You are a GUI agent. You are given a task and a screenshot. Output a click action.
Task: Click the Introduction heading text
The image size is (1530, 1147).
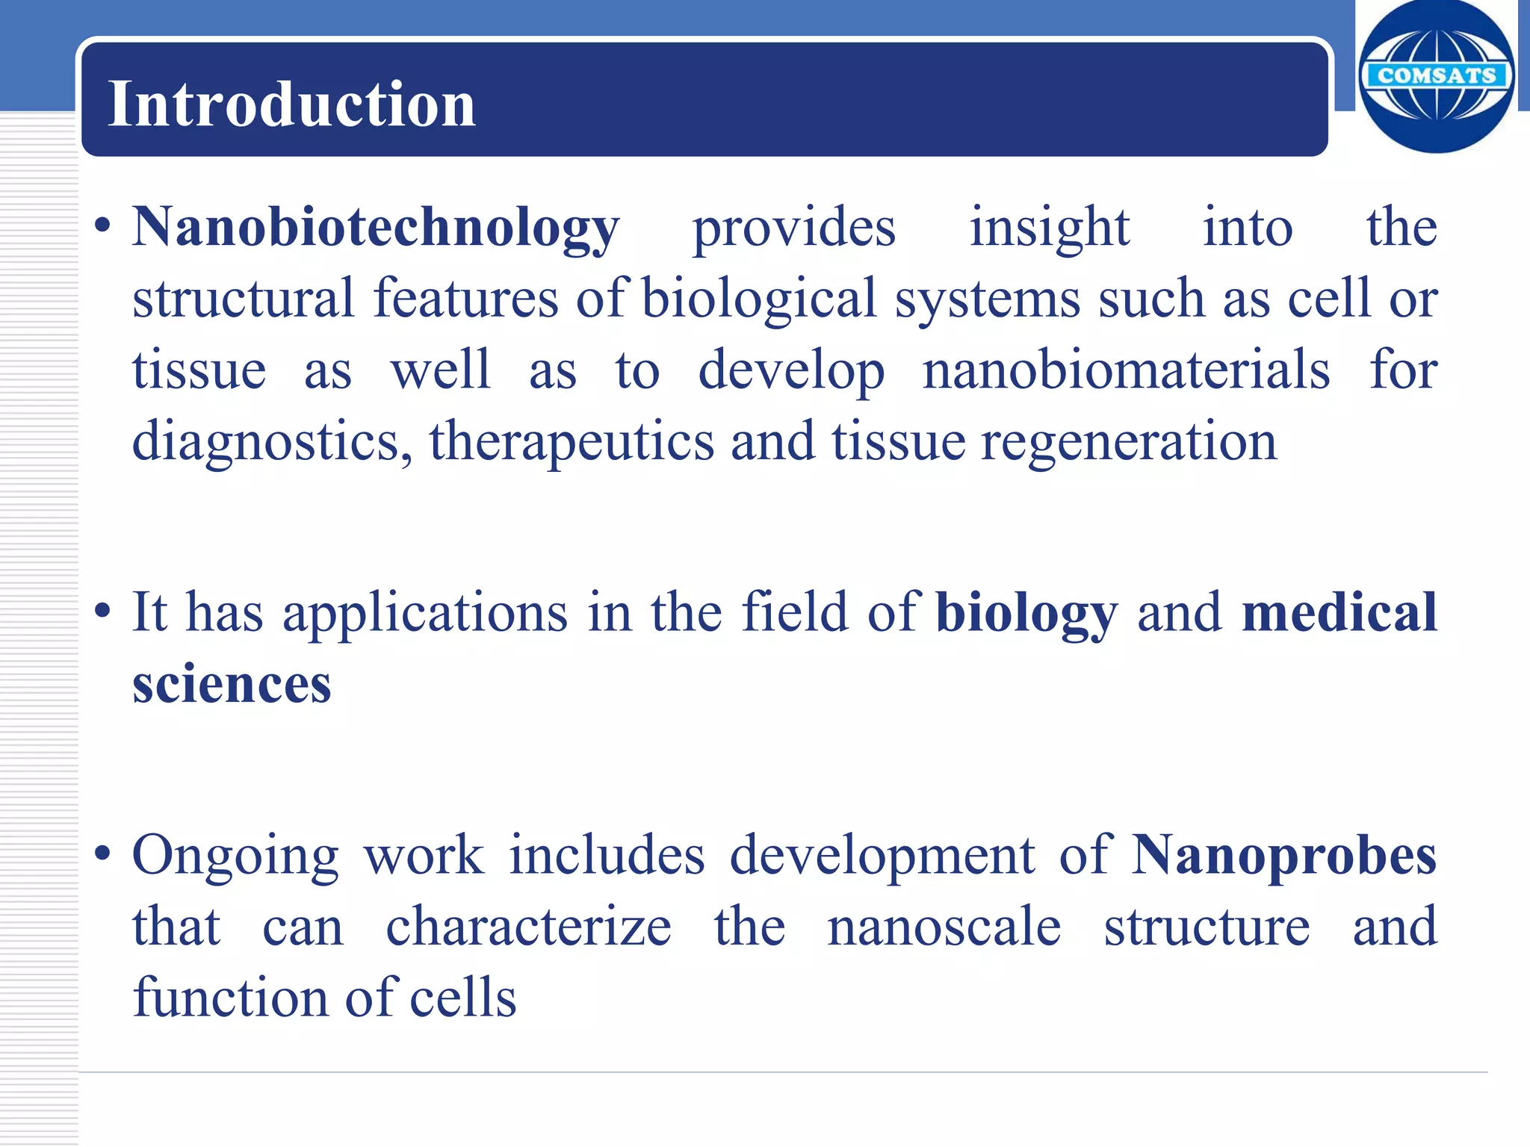[291, 105]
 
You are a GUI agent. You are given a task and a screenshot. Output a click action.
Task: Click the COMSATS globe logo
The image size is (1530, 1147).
[1436, 76]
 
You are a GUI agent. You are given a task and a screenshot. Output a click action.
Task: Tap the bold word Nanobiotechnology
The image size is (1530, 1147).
[376, 227]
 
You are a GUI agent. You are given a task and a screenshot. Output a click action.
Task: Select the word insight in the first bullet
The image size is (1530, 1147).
[1050, 227]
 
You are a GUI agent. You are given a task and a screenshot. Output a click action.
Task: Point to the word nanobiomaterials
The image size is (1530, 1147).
[1126, 370]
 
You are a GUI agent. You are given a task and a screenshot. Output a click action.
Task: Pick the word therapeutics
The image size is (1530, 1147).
[572, 441]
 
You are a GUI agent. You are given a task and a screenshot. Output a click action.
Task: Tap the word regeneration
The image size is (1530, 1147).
[1129, 441]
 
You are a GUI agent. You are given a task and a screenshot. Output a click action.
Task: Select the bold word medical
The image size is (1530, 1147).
[1339, 612]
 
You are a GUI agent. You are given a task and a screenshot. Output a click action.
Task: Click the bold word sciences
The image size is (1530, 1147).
[232, 683]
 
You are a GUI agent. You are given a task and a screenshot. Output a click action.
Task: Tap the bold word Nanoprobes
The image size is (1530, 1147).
[1283, 855]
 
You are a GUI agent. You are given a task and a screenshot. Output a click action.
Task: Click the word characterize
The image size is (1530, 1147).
[528, 927]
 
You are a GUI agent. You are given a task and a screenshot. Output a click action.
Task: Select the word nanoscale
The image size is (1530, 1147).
[944, 927]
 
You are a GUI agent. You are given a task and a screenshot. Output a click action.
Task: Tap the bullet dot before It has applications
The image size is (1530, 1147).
[103, 611]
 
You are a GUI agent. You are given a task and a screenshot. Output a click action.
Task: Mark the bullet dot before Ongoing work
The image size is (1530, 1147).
[103, 854]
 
